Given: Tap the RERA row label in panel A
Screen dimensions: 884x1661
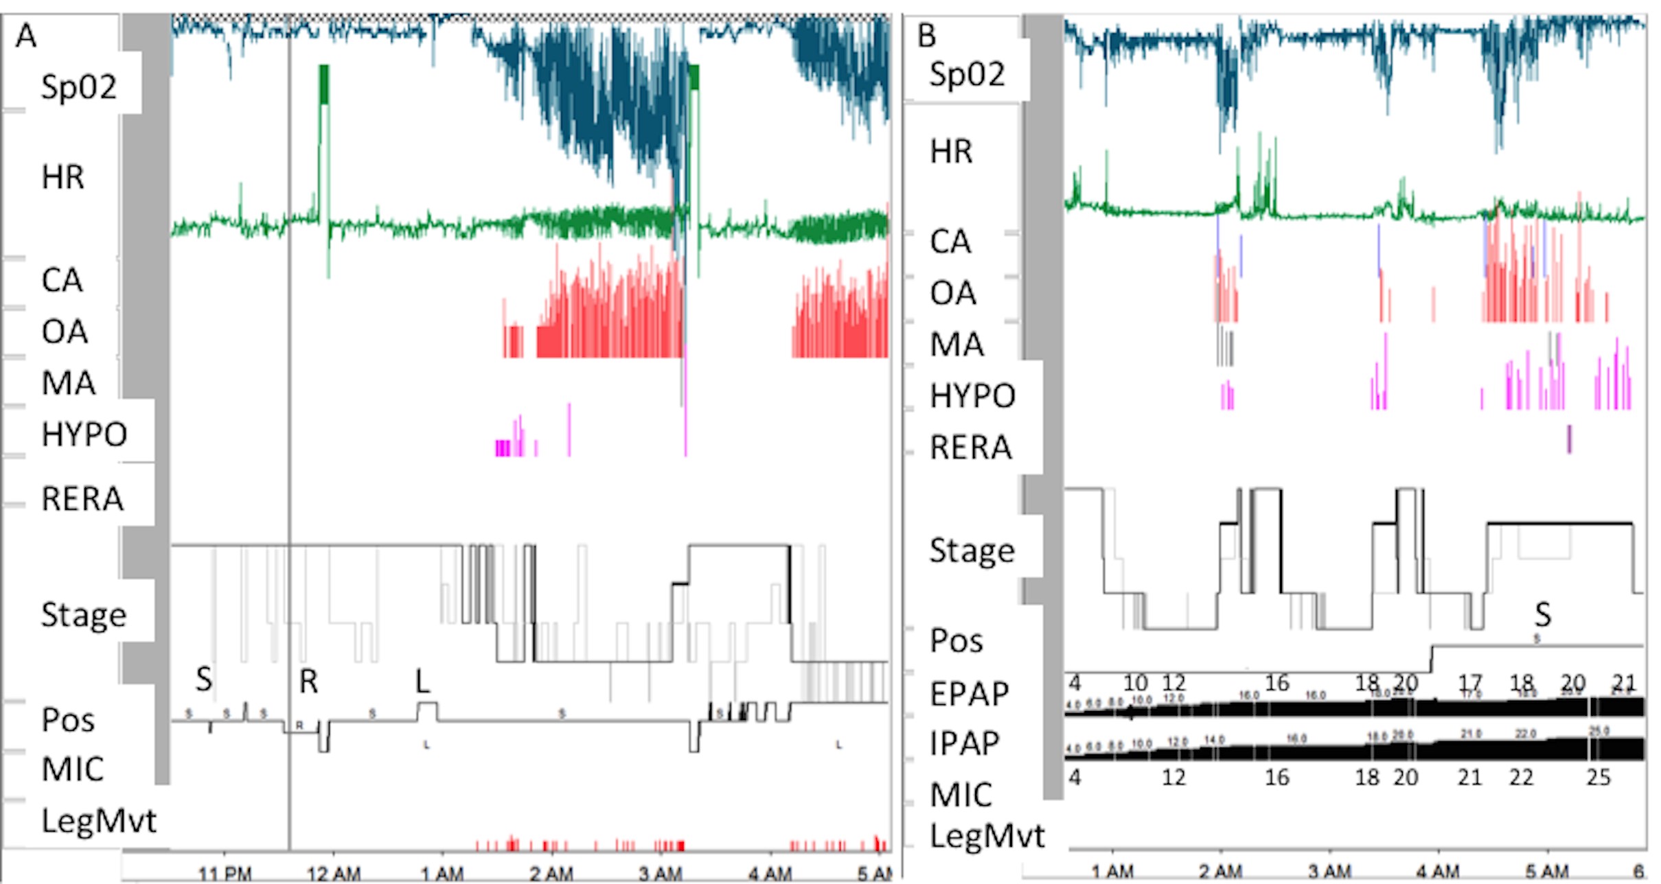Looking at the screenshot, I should (82, 499).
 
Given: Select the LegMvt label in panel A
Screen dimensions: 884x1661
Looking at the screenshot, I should (99, 821).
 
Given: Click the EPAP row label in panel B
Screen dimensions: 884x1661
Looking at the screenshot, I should (969, 694).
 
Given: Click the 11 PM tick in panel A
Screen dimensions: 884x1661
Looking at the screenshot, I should (225, 874).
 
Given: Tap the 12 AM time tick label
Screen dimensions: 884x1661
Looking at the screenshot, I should (334, 874).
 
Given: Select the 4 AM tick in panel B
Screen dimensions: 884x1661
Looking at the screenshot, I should (1437, 872).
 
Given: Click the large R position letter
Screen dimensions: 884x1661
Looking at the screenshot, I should (308, 682).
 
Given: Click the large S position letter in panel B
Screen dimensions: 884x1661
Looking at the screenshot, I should (1542, 615).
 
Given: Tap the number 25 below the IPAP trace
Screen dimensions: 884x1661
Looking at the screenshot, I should (1599, 778).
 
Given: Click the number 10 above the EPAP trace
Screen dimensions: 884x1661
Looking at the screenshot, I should (1135, 684).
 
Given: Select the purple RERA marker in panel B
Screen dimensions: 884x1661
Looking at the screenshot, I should (1569, 439).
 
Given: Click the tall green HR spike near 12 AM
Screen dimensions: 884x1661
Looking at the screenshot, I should (324, 137).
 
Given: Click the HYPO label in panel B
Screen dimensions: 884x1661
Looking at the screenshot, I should (972, 396).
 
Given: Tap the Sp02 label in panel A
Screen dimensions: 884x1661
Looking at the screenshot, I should (78, 87).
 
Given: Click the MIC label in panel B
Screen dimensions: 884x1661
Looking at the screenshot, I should (961, 795).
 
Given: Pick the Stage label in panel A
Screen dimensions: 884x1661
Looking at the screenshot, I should (83, 615).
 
